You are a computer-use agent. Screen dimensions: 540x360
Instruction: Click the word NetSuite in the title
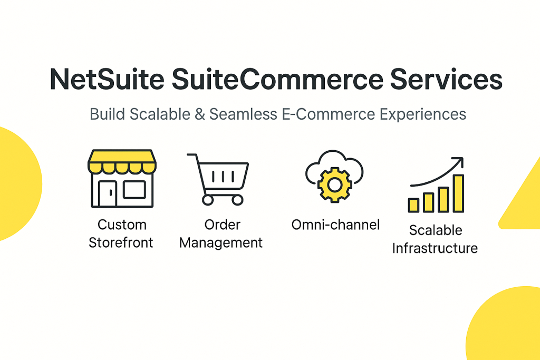[x=107, y=79]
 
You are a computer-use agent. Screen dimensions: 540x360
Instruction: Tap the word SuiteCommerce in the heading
[x=277, y=79]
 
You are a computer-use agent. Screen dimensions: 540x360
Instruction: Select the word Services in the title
[x=446, y=79]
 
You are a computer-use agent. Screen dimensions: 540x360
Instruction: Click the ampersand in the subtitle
[x=200, y=114]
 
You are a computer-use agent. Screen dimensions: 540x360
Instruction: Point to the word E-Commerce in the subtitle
[x=328, y=114]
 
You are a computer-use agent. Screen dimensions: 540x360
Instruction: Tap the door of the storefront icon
[x=108, y=193]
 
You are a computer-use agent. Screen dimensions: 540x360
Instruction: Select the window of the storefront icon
[x=134, y=190]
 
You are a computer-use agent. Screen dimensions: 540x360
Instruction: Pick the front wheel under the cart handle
[x=208, y=200]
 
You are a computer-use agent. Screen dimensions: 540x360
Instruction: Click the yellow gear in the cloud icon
[x=334, y=185]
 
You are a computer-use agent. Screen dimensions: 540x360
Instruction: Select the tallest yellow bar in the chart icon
[x=458, y=193]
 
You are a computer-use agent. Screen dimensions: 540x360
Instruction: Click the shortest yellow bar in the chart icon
[x=413, y=205]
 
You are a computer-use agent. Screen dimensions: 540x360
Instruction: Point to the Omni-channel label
[x=335, y=225]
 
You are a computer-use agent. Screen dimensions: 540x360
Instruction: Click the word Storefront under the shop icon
[x=121, y=242]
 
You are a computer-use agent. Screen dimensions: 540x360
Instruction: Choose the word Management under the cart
[x=221, y=243]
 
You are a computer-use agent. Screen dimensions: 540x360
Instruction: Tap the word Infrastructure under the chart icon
[x=435, y=248]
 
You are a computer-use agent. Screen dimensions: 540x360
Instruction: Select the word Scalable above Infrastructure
[x=436, y=230]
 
